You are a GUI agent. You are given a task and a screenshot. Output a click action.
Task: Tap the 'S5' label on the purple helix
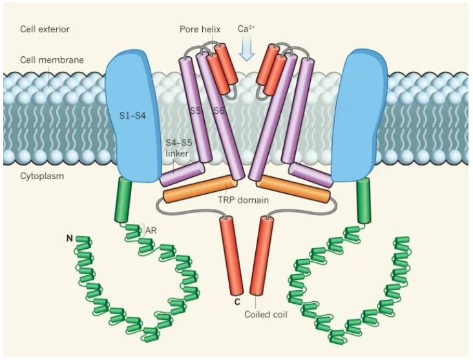tap(194, 111)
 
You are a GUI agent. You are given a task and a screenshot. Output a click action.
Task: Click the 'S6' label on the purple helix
tap(218, 111)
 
